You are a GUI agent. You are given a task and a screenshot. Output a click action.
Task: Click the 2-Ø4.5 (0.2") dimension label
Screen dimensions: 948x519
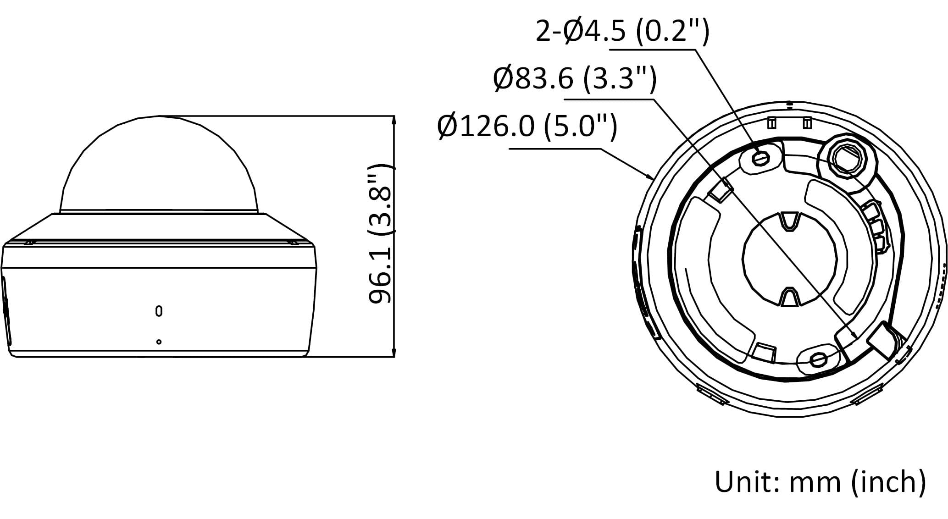(622, 31)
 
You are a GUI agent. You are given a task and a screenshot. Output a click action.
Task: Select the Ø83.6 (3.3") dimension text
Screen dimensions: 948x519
(575, 78)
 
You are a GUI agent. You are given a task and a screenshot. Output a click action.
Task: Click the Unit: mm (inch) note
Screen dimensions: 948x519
(820, 482)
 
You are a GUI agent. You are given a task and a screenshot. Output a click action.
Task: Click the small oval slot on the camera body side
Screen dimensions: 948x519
(159, 311)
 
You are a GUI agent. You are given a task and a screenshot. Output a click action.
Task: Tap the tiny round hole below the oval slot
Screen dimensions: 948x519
(159, 342)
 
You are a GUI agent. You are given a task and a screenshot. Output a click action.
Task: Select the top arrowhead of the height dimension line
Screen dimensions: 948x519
(394, 121)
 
